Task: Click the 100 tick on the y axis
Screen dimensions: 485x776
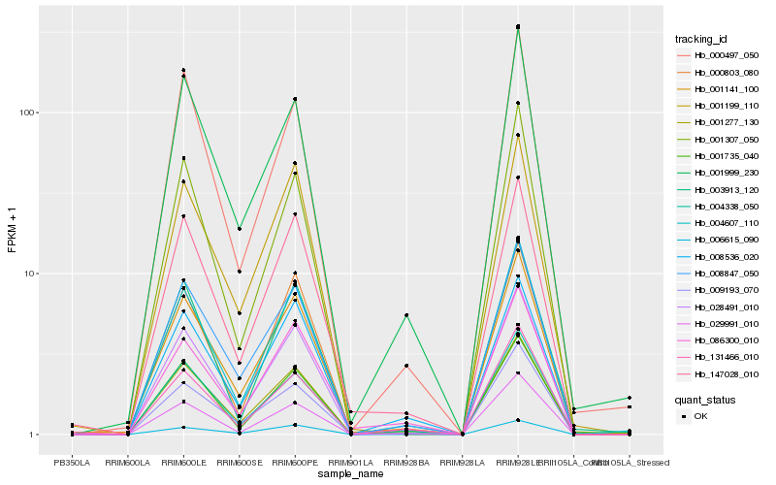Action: click(x=27, y=113)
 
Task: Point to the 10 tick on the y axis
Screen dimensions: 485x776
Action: click(x=30, y=274)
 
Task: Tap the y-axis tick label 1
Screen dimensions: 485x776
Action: click(x=33, y=435)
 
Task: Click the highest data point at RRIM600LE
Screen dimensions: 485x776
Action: click(x=183, y=70)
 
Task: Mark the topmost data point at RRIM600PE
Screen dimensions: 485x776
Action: click(x=295, y=99)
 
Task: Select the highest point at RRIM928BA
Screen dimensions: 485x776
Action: click(x=406, y=315)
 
